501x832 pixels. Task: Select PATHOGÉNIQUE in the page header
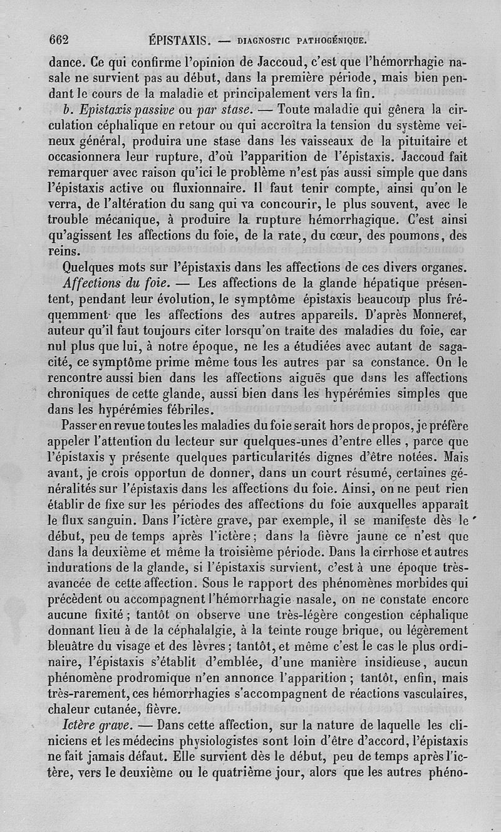pos(335,41)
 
